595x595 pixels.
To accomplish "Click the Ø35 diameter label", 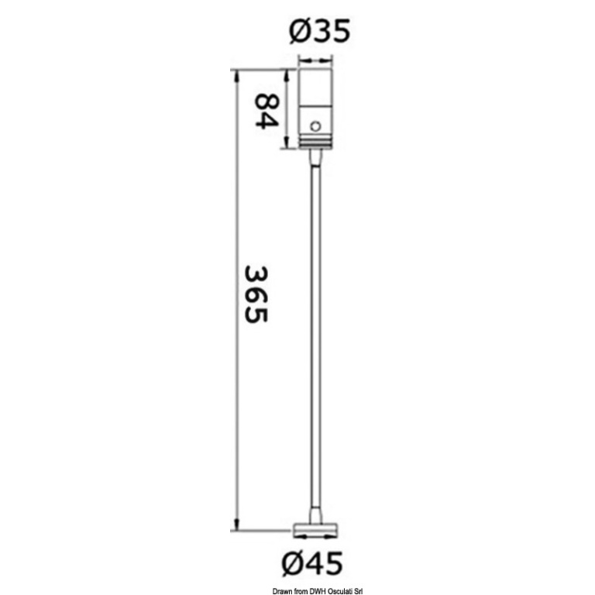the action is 318,31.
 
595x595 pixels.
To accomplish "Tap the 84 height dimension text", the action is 266,112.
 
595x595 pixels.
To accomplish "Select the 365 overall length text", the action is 256,294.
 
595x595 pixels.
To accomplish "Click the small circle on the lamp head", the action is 315,126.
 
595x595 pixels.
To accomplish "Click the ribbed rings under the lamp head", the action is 315,142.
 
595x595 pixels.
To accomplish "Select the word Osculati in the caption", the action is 342,591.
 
